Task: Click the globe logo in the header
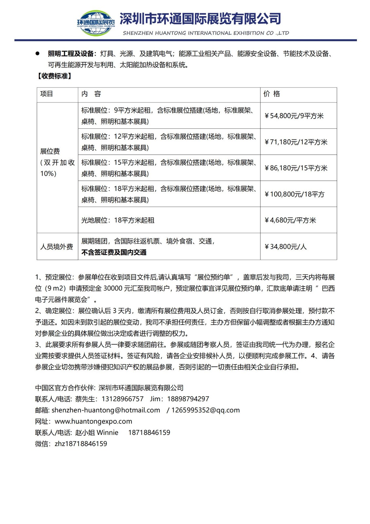click(x=96, y=23)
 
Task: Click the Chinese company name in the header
click(x=200, y=19)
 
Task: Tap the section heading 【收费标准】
click(x=54, y=76)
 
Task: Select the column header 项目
click(x=47, y=94)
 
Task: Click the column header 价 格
click(x=272, y=94)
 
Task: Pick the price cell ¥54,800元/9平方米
click(x=294, y=116)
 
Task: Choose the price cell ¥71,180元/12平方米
click(x=296, y=142)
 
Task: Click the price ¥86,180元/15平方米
click(x=296, y=168)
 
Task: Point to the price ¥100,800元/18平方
click(x=294, y=194)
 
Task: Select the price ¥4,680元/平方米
click(x=290, y=220)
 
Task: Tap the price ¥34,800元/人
click(x=285, y=247)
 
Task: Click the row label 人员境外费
click(x=57, y=247)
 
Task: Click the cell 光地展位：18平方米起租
click(x=118, y=220)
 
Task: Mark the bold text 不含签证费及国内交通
click(x=114, y=252)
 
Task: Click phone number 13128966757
click(x=123, y=399)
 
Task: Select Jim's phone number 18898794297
click(x=188, y=399)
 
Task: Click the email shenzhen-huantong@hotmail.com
click(x=106, y=410)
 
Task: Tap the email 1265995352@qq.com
click(x=205, y=410)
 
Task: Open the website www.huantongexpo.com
click(x=94, y=421)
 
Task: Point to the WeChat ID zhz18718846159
click(x=81, y=444)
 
